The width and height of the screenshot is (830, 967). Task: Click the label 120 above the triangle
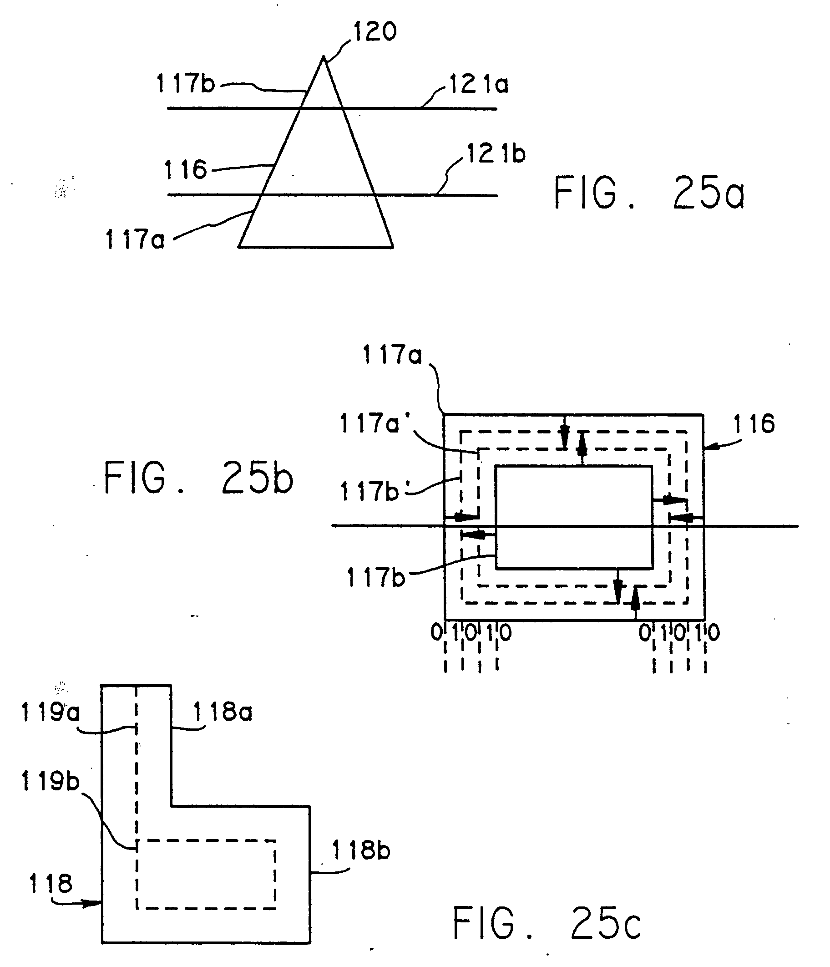coord(375,32)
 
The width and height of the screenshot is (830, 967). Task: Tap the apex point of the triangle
coord(323,57)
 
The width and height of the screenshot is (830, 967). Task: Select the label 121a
coord(479,85)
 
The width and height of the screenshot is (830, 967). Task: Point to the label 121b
coord(496,154)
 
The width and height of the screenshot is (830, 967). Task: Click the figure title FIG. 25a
coord(648,193)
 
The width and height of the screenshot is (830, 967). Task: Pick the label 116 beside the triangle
coord(185,170)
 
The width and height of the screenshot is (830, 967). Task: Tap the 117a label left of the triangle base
coord(135,240)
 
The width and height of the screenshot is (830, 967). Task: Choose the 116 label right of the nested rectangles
coord(754,424)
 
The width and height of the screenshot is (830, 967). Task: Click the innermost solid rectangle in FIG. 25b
coord(573,517)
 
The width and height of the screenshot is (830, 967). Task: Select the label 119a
coord(51,713)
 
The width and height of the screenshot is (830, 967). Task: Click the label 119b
coord(51,781)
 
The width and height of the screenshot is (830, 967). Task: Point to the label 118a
coord(223,712)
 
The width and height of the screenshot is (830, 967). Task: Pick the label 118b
coord(361,850)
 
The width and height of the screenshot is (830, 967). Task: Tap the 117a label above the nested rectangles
coord(392,355)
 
